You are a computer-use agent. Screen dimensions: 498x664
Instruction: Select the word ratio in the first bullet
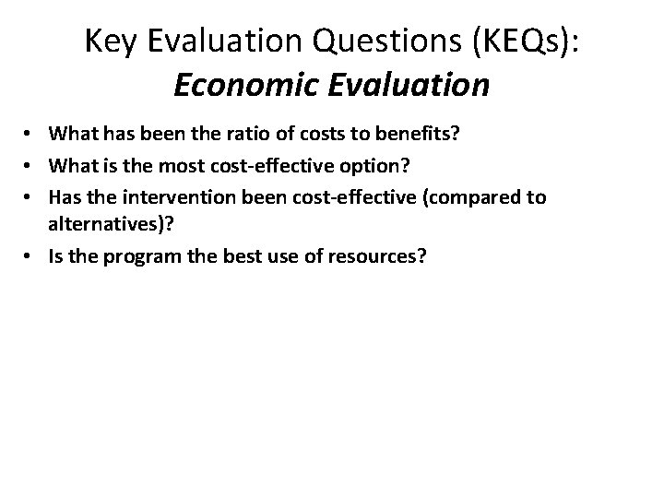[244, 135]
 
